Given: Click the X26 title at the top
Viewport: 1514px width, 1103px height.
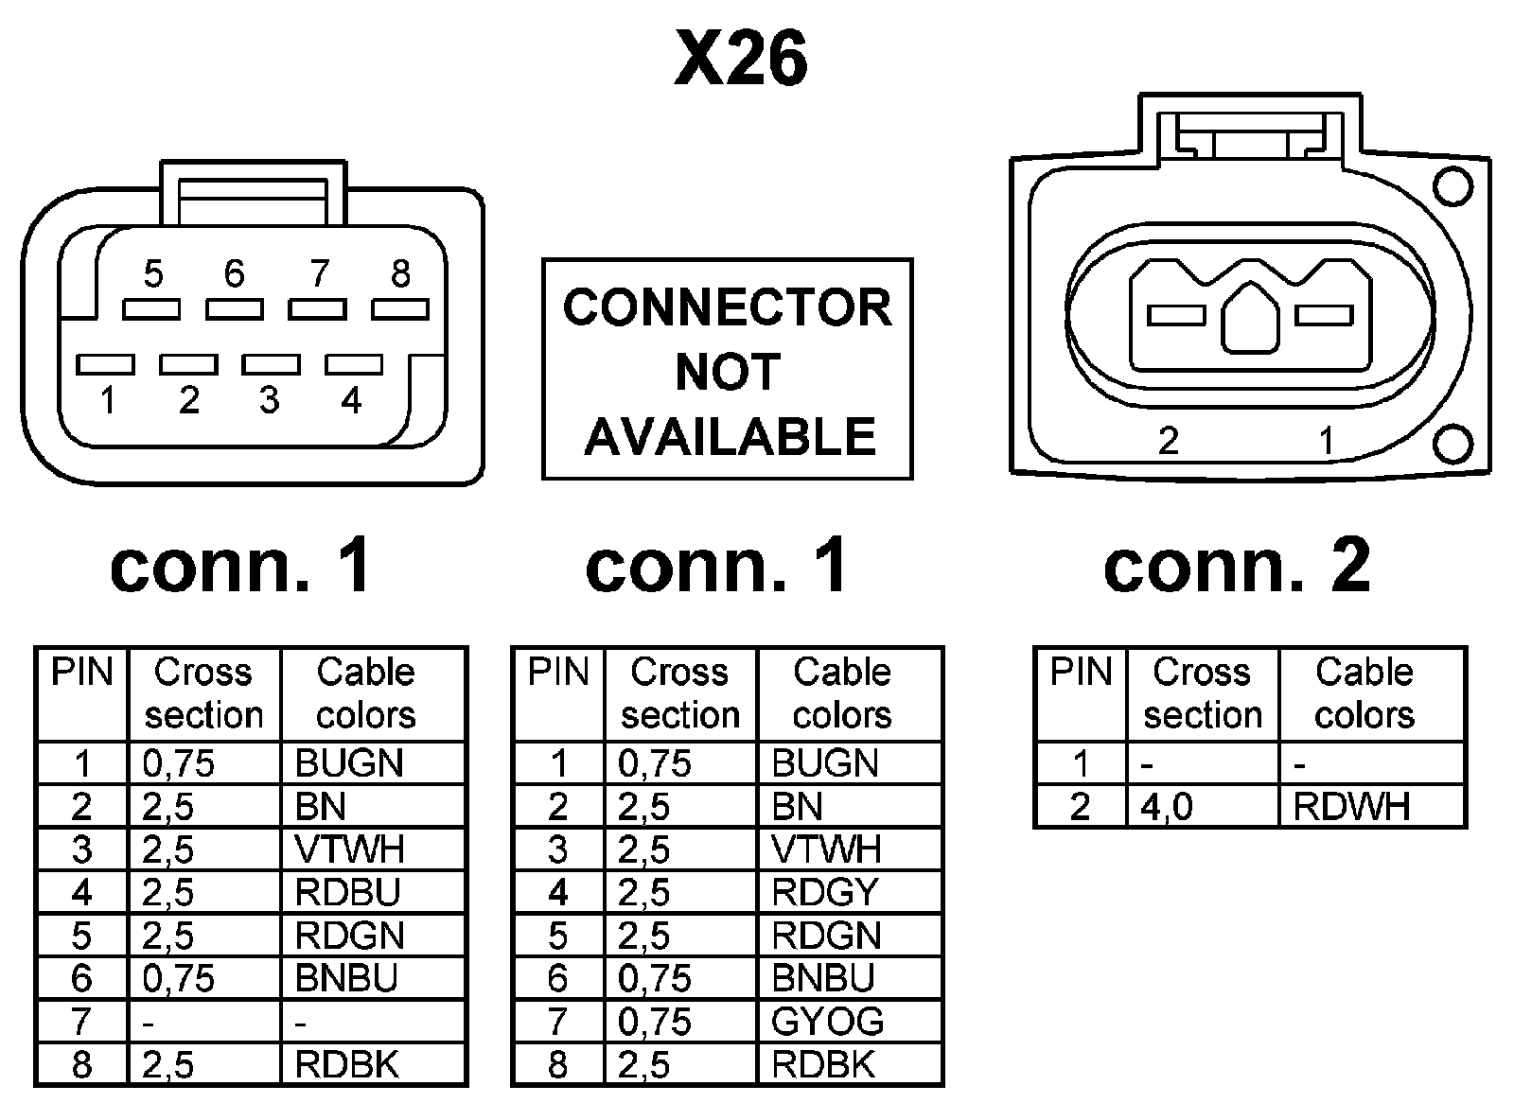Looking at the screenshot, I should tap(741, 59).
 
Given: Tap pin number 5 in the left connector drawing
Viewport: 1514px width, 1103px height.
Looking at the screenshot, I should tap(153, 274).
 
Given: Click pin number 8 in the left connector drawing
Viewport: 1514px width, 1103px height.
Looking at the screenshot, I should tap(400, 274).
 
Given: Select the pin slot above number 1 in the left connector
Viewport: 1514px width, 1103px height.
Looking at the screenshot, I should tap(105, 364).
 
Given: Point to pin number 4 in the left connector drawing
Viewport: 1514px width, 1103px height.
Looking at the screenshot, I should tap(351, 401).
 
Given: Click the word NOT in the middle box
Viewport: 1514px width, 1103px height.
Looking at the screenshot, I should tap(727, 372).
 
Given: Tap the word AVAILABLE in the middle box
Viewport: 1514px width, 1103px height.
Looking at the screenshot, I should tap(730, 436).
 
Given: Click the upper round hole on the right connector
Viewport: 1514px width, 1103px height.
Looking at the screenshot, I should tap(1452, 185).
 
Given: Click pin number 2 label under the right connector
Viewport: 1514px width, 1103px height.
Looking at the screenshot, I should tap(1169, 441).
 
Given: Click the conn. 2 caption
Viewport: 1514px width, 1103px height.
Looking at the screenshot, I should tap(1237, 565).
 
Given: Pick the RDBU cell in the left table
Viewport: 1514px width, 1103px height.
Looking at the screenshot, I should tap(347, 892).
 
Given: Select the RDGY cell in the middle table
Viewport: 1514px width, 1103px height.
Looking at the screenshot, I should tap(825, 892).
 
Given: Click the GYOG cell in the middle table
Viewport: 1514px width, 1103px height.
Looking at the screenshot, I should tap(827, 1022).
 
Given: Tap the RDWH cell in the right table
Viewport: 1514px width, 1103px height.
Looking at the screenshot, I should tap(1351, 807).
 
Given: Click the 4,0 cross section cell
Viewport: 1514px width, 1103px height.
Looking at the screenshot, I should tap(1167, 807).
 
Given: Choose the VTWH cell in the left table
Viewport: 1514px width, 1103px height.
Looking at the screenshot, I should tap(349, 849).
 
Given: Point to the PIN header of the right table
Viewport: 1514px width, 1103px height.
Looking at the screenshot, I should tap(1081, 673).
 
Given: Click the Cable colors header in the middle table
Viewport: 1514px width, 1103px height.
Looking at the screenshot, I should tap(842, 693).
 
